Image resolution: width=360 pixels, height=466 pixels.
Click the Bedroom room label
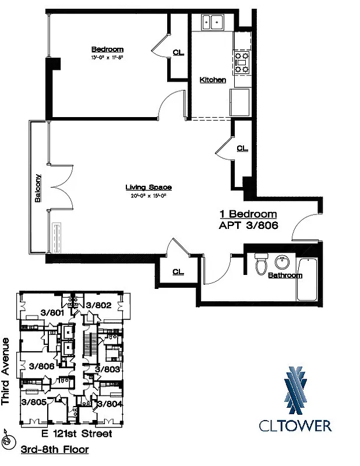click(107, 50)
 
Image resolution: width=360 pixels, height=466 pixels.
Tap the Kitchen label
click(213, 80)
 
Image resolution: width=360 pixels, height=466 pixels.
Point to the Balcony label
click(38, 188)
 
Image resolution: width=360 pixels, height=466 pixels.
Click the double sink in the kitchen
click(214, 23)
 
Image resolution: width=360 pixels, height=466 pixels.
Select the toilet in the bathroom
click(262, 264)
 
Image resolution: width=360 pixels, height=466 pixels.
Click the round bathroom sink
click(285, 262)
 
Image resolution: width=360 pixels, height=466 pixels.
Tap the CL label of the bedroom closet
click(178, 52)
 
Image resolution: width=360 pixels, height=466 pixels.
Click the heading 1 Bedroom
click(248, 214)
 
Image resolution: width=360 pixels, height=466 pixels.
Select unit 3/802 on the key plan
click(98, 305)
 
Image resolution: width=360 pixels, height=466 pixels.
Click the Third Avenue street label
click(6, 371)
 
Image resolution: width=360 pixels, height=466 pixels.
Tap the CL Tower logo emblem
click(295, 387)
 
